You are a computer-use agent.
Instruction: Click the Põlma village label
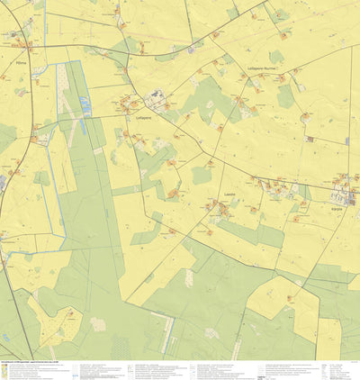tap(22, 64)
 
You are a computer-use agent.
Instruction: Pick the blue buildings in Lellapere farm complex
tap(157, 95)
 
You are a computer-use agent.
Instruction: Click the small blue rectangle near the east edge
tap(346, 140)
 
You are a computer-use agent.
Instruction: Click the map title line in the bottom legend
tap(36, 362)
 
